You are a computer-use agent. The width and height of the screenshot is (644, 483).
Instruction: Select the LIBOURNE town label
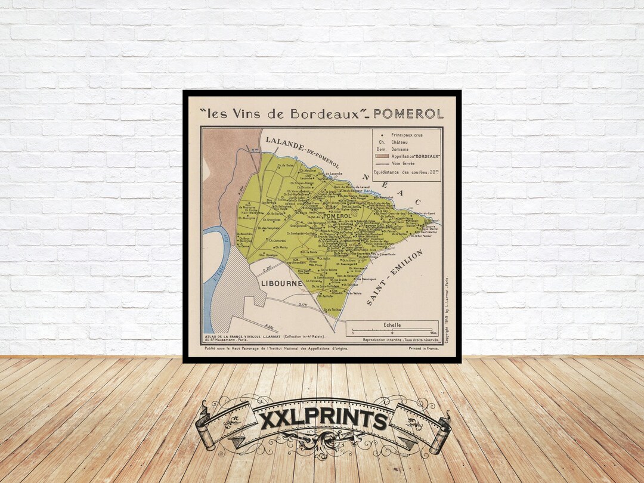[x=282, y=283]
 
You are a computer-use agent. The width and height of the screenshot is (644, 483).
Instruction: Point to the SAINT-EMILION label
[x=394, y=278]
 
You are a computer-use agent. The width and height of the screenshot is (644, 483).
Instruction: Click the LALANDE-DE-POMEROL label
[x=302, y=152]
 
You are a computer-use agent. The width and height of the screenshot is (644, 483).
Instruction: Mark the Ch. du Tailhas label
[x=332, y=309]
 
